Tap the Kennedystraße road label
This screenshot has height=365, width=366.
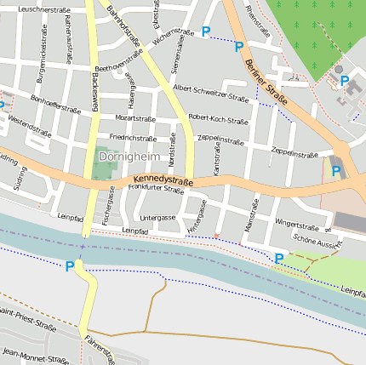click(x=163, y=181)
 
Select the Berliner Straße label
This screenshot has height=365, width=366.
click(x=266, y=83)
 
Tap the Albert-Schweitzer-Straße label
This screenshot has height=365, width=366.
click(x=210, y=93)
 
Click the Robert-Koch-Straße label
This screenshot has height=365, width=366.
click(x=217, y=117)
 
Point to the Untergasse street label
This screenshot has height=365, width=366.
click(x=157, y=217)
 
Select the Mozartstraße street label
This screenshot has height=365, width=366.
click(x=135, y=118)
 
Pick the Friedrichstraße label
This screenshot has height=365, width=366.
click(x=132, y=137)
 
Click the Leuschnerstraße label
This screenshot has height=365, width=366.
click(x=43, y=9)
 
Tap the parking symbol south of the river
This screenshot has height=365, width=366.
click(x=70, y=266)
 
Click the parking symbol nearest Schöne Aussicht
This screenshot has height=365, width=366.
click(x=278, y=258)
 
